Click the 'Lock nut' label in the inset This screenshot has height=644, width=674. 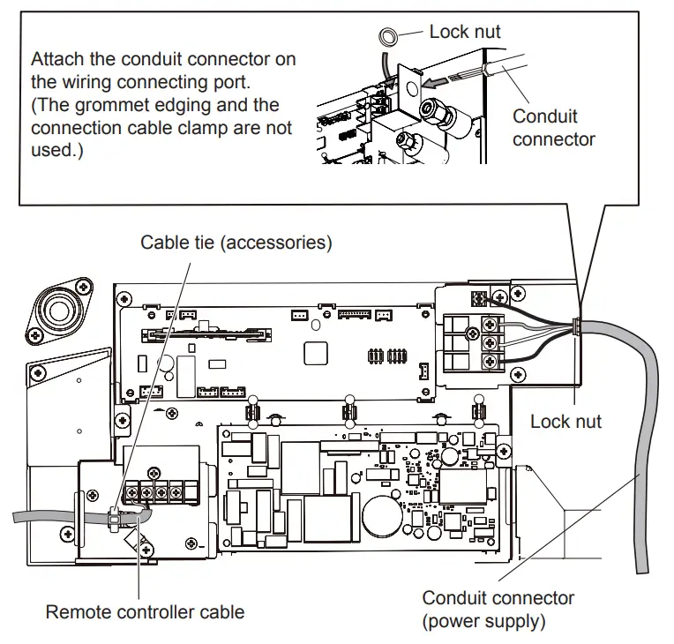tap(464, 32)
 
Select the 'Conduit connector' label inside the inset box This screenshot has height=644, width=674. tap(553, 127)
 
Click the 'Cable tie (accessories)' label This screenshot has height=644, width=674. tap(236, 243)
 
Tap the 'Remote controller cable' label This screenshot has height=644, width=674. tap(145, 611)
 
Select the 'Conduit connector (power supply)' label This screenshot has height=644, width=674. tap(498, 610)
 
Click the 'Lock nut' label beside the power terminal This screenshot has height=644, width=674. tap(565, 421)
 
